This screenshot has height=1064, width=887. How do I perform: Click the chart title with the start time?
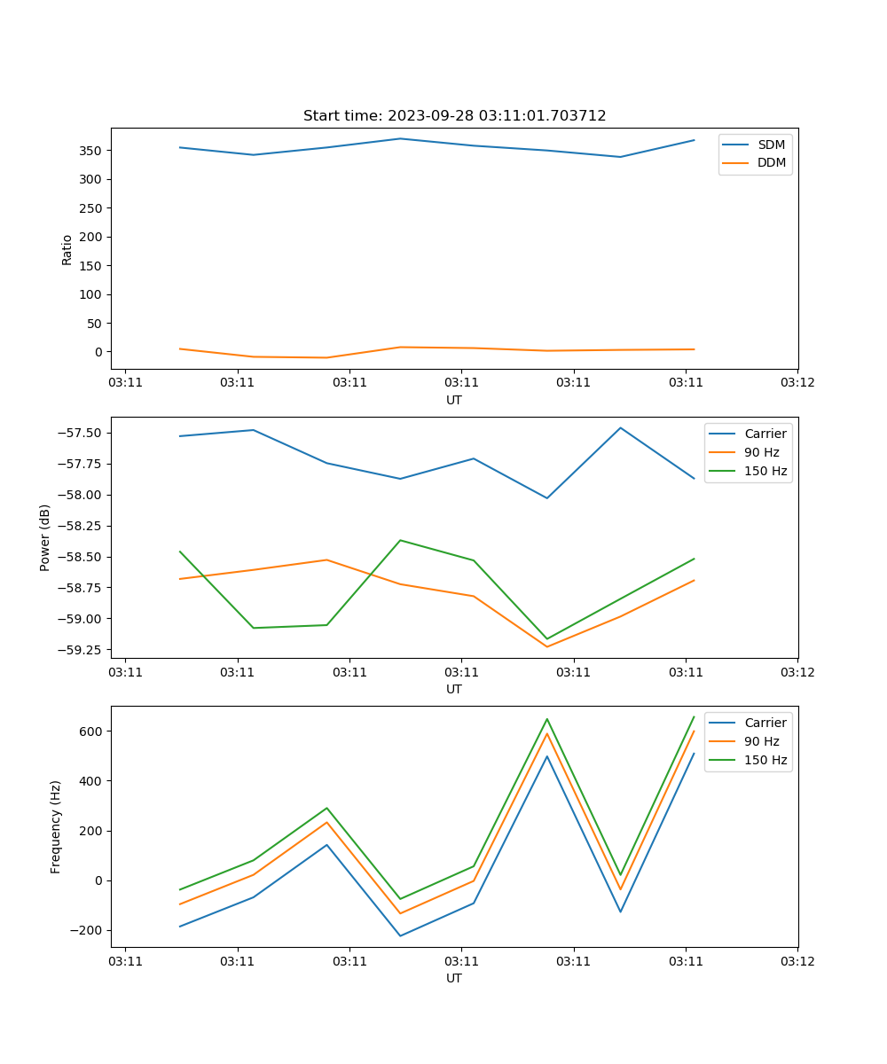[x=454, y=116]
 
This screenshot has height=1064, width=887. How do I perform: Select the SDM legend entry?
[x=771, y=145]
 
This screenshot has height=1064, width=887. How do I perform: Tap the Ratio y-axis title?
[x=67, y=249]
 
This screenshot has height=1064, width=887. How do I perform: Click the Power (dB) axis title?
[x=45, y=537]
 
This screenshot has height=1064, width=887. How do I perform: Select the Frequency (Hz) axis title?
[x=56, y=826]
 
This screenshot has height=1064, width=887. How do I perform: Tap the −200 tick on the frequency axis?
[x=87, y=930]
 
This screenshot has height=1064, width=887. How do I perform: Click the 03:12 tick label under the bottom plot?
[x=797, y=961]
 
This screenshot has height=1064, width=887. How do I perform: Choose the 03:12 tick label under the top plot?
[x=797, y=383]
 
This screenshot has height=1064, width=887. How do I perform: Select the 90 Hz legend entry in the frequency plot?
[x=761, y=741]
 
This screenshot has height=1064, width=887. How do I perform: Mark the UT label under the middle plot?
[x=454, y=689]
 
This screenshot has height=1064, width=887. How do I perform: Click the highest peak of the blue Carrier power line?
[x=620, y=428]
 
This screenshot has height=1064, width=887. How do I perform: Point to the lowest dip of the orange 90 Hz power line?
[x=546, y=646]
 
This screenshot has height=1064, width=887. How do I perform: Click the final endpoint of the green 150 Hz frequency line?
[x=694, y=716]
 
